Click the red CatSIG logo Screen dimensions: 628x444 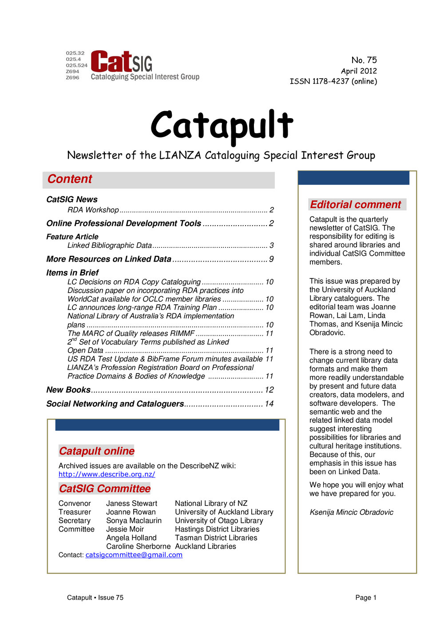121,62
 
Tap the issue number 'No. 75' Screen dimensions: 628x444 364,60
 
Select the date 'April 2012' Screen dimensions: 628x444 359,71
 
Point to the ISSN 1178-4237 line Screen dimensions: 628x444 333,81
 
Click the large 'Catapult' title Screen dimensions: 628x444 222,125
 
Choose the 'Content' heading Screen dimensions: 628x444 70,179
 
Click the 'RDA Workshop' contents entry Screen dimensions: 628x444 93,210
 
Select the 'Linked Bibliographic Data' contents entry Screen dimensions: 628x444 110,245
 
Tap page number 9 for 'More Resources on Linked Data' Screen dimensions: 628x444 271,259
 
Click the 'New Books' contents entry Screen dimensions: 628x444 68,390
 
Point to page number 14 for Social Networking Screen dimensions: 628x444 269,404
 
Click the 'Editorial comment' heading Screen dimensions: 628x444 356,204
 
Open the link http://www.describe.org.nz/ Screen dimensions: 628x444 107,474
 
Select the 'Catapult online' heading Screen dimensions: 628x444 96,451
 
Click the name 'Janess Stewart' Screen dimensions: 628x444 131,503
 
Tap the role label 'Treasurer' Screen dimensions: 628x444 75,512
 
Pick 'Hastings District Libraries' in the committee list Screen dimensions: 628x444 217,529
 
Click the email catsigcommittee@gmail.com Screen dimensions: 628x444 134,555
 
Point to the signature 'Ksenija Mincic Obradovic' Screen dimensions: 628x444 351,512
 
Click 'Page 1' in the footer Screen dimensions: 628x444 365,597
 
